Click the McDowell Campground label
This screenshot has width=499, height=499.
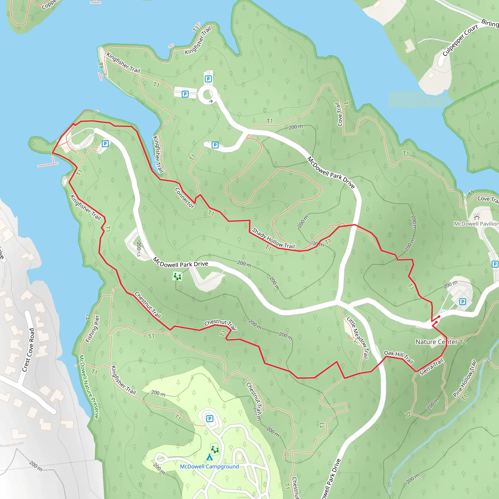click(209, 466)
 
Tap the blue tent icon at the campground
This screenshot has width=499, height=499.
click(210, 457)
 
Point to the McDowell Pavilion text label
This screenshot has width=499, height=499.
click(476, 224)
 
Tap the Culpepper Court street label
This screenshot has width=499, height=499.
click(460, 40)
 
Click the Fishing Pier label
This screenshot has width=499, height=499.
click(92, 328)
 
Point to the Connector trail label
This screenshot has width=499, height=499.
click(185, 198)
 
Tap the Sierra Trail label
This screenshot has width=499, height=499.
click(431, 367)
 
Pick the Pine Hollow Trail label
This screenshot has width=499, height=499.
click(464, 379)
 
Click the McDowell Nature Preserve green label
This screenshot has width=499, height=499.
click(89, 387)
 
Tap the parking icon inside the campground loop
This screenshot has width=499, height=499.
click(210, 418)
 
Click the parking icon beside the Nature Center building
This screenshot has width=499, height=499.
click(463, 301)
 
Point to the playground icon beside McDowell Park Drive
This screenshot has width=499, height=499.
click(177, 276)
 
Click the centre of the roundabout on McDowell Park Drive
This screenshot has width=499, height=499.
click(207, 95)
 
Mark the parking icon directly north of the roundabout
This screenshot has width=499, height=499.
click(208, 79)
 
